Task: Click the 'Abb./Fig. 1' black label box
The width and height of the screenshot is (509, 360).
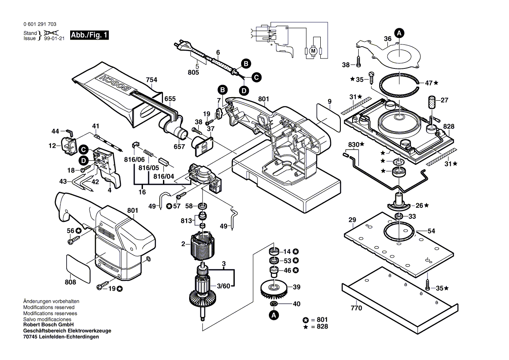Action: coord(89,35)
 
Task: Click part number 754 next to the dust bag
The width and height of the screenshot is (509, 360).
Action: coord(151,80)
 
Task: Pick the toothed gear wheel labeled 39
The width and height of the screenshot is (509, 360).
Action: coord(274,288)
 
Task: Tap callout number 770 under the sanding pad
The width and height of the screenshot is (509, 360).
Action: coord(356,308)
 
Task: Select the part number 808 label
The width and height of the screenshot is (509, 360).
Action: coord(70,282)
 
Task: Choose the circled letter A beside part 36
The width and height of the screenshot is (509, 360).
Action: coord(398,32)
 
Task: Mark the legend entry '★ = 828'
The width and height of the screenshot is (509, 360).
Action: coord(317,326)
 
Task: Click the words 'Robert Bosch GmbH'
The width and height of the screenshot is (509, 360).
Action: coord(48,325)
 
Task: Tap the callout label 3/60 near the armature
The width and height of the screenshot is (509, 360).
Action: coord(224,286)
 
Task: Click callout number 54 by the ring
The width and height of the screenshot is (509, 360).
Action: coord(431,231)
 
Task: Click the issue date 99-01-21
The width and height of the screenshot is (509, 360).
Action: coord(54,38)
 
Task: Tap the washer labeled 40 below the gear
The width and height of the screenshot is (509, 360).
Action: coord(274,303)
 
